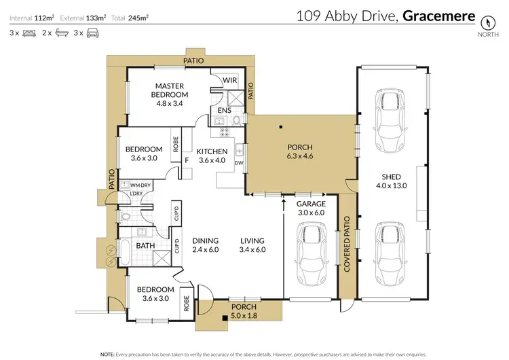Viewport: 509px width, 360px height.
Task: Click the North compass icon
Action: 486,20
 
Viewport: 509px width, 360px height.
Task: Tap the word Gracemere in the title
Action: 436,16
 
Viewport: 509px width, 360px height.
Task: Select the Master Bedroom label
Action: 170,90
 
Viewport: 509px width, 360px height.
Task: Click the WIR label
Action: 231,80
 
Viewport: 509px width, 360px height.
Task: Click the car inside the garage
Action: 309,252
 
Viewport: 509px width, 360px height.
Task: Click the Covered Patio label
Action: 347,245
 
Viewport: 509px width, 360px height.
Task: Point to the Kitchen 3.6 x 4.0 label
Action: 211,156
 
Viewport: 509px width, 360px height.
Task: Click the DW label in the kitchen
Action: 238,163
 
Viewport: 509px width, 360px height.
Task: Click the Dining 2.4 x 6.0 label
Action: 204,245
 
